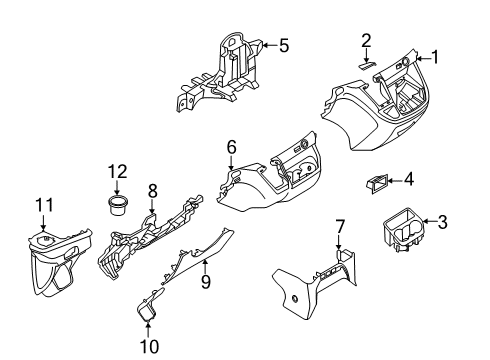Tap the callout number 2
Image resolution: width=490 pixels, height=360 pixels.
pos(367,40)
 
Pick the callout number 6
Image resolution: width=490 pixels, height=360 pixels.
pos(231,148)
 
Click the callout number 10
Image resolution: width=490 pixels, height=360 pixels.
pos(148,346)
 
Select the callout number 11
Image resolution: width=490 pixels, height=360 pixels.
pos(42,206)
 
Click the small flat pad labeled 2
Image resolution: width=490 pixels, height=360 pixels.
pos(367,62)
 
